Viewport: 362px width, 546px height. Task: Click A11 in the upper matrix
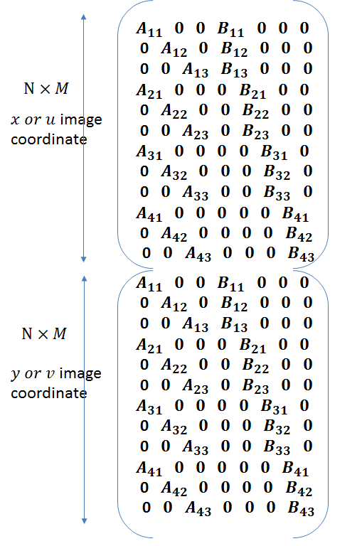coord(149,29)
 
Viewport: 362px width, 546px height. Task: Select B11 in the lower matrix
coord(230,284)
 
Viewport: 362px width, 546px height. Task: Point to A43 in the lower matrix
coord(198,508)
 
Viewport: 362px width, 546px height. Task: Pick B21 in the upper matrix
coord(252,91)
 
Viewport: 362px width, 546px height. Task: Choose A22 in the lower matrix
coord(174,365)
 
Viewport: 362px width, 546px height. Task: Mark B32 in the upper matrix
coord(277,172)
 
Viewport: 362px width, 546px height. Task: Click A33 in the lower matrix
coord(195,447)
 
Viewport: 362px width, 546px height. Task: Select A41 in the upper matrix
coord(149,214)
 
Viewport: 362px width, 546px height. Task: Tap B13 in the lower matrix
coord(234,324)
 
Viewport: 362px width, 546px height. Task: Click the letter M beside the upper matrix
coord(62,88)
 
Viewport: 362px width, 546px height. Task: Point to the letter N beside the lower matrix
coord(27,333)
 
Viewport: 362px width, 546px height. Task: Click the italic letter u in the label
coord(50,119)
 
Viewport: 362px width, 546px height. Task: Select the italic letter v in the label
coord(50,374)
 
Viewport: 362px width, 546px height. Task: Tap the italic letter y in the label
coord(16,375)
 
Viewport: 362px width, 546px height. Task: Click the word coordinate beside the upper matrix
coord(49,139)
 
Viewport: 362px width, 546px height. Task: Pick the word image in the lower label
coord(80,374)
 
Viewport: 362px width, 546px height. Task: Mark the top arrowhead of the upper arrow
coord(83,16)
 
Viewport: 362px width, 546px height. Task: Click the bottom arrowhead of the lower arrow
coord(84,521)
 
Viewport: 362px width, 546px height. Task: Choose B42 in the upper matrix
coord(299,235)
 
